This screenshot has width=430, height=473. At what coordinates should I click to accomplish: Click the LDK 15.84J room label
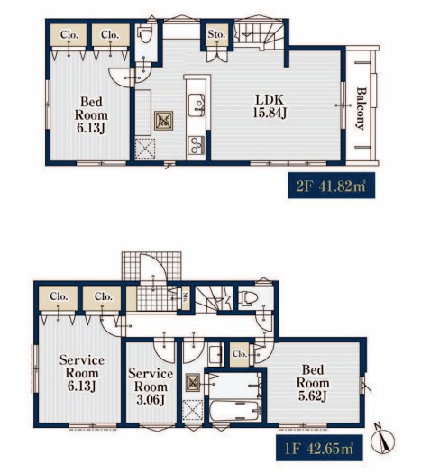pyautogui.click(x=270, y=106)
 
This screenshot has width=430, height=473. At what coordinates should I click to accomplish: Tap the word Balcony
pyautogui.click(x=361, y=109)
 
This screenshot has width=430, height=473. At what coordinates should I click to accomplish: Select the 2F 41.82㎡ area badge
pyautogui.click(x=332, y=186)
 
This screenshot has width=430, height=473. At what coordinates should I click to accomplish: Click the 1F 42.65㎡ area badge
pyautogui.click(x=319, y=448)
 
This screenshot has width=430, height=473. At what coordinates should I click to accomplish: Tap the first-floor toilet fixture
pyautogui.click(x=249, y=297)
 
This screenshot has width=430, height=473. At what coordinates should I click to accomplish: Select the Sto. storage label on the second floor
pyautogui.click(x=216, y=34)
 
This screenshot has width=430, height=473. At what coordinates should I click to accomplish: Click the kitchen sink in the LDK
pyautogui.click(x=197, y=105)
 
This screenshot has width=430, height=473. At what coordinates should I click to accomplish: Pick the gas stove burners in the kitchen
pyautogui.click(x=197, y=145)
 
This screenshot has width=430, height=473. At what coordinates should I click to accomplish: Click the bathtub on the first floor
pyautogui.click(x=235, y=410)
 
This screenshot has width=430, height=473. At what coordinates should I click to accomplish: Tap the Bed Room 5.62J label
pyautogui.click(x=313, y=383)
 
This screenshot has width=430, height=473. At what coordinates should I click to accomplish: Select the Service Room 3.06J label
pyautogui.click(x=151, y=387)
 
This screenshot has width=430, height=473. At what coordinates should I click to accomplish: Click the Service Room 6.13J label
pyautogui.click(x=82, y=373)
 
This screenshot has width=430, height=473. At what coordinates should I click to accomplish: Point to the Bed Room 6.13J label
pyautogui.click(x=91, y=115)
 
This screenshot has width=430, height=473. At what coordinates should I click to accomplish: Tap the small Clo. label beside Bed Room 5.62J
pyautogui.click(x=240, y=353)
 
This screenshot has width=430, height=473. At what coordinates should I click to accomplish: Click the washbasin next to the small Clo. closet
pyautogui.click(x=215, y=355)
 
